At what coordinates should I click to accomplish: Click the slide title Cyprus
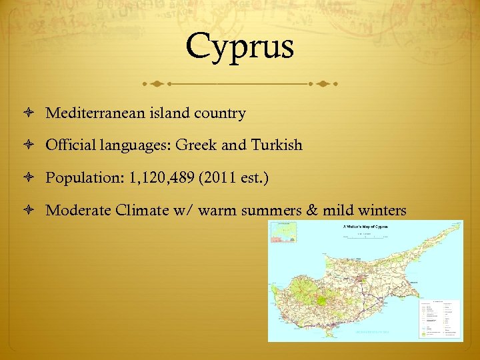pyautogui.click(x=240, y=46)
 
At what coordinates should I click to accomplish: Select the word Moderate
pyautogui.click(x=78, y=211)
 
